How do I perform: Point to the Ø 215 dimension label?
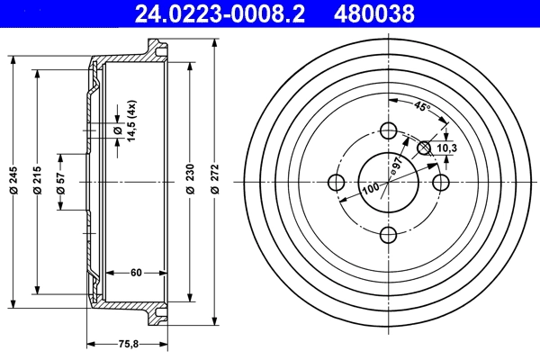tap(38, 184)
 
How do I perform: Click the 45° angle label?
tap(422, 106)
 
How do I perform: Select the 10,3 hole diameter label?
tap(447, 148)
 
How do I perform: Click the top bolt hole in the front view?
tap(389, 130)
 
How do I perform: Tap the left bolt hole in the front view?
tap(337, 183)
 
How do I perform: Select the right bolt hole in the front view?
tap(441, 183)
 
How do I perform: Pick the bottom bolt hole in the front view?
tap(389, 235)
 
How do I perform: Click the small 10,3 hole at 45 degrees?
tap(426, 147)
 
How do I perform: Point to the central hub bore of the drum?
tap(389, 183)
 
